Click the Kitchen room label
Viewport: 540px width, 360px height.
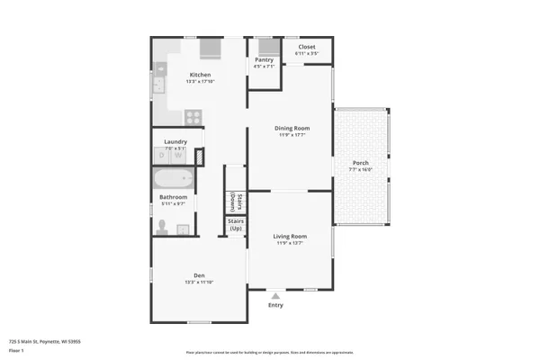(x=200, y=75)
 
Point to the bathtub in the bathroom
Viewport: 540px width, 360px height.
(x=172, y=178)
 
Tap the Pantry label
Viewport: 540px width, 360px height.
(x=263, y=60)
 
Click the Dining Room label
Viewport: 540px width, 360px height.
(x=292, y=128)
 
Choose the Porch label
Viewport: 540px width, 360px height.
(x=360, y=163)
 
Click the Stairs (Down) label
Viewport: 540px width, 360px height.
(x=232, y=201)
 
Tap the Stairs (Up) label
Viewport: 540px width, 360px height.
(x=236, y=224)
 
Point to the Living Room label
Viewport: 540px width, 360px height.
(x=291, y=236)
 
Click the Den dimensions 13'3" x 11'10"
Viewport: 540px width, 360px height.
(x=199, y=283)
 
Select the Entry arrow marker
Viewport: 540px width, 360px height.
(x=276, y=294)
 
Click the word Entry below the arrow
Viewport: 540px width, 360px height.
(x=275, y=305)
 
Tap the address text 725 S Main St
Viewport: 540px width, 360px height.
(x=45, y=341)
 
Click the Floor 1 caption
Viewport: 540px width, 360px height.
(x=16, y=350)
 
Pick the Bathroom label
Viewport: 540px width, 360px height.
(x=173, y=197)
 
